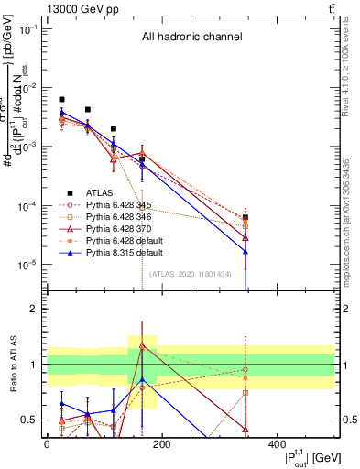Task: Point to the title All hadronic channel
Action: [x=191, y=38]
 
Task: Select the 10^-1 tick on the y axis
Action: [x=29, y=29]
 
